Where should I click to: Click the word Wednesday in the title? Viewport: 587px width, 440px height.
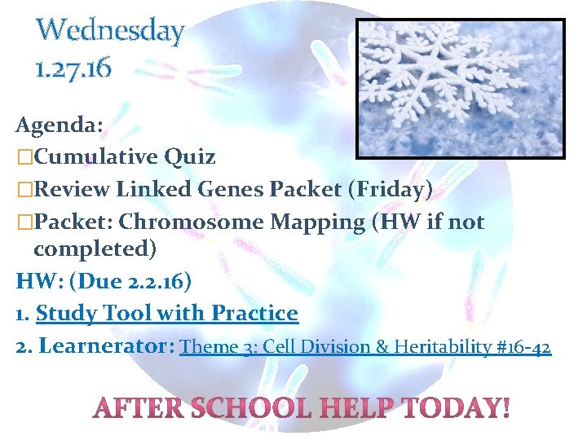[111, 31]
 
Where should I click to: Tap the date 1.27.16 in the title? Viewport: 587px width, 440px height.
[73, 68]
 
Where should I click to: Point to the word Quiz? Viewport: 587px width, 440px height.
[191, 156]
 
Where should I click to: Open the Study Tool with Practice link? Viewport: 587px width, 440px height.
[167, 313]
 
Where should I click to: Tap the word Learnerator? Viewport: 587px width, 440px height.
[106, 346]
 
